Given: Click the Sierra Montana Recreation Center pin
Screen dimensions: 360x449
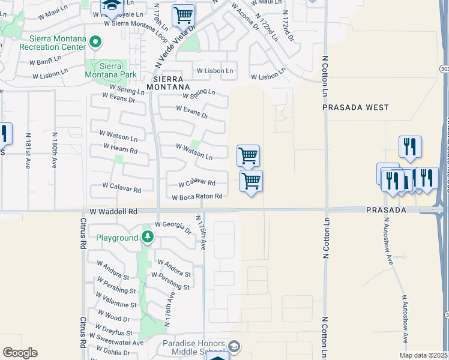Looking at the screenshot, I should pos(95,42).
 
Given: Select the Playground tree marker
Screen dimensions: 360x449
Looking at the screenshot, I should pos(147,238).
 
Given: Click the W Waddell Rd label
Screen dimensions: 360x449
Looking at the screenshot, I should pos(114,212).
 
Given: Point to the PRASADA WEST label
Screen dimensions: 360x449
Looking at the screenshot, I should pos(355,107).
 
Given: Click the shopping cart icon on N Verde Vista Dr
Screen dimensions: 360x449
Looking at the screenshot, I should pos(183,15).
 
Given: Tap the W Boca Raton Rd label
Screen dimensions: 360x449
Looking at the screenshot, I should pos(197,197).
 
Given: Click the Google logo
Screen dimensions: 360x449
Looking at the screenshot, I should pos(20,353).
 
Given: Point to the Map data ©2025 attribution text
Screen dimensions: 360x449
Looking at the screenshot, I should pos(423,355).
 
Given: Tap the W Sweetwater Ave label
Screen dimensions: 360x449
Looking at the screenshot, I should pos(116,343).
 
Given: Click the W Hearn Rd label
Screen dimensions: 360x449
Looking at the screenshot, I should pos(120,148).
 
